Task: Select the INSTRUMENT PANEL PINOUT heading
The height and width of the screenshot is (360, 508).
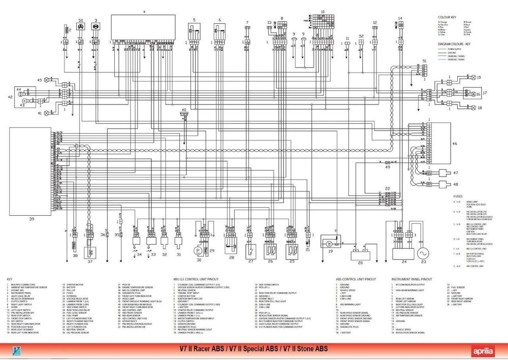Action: coord(412,279)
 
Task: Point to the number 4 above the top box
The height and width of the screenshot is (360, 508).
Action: coord(144,11)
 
